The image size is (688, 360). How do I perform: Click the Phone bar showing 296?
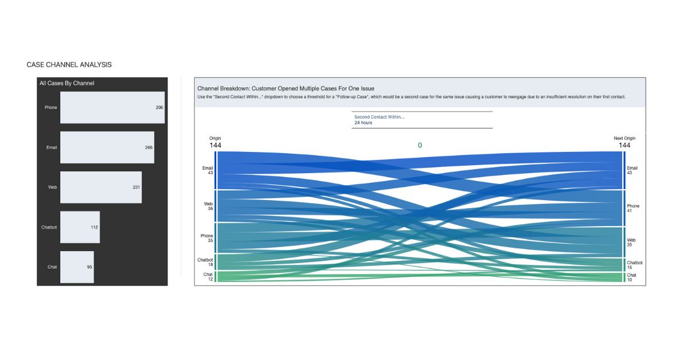[x=112, y=107]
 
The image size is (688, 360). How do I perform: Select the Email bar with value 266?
[x=107, y=147]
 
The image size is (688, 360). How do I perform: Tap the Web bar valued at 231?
[x=101, y=187]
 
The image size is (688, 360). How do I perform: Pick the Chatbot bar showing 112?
[x=80, y=227]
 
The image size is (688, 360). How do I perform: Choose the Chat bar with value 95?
[x=77, y=267]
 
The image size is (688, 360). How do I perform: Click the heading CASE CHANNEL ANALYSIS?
[x=69, y=65]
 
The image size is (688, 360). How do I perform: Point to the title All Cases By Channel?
[x=67, y=83]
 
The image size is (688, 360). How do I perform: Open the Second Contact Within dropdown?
[x=421, y=119]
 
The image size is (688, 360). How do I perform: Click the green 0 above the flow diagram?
[x=420, y=146]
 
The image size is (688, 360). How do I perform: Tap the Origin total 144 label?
[x=215, y=145]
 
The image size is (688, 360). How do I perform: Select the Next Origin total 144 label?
[x=624, y=145]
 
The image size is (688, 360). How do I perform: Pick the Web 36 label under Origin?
[x=208, y=206]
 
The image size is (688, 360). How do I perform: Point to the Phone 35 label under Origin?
[x=206, y=238]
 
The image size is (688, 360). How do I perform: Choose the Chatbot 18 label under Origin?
[x=205, y=262]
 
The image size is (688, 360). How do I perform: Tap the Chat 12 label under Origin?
[x=208, y=276]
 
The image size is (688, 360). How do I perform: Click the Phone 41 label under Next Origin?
[x=633, y=208]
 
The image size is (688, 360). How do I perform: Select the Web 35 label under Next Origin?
[x=631, y=242]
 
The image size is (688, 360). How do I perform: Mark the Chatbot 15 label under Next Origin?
[x=634, y=265]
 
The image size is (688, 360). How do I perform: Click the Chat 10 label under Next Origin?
[x=631, y=277]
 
